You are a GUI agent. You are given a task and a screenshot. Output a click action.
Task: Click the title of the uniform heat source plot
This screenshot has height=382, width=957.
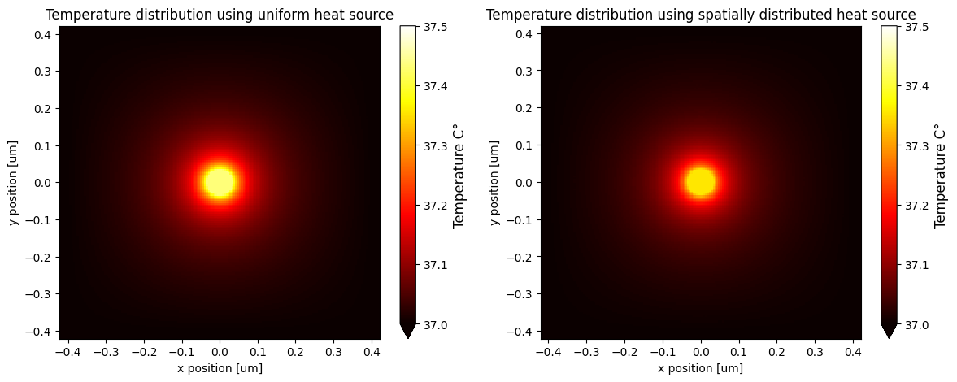220,15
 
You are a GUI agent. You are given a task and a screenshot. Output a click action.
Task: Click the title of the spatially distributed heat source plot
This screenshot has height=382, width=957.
701,15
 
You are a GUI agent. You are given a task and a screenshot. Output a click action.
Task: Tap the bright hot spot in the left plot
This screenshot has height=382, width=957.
220,182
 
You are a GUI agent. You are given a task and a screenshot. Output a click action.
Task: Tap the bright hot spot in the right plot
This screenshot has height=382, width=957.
700,182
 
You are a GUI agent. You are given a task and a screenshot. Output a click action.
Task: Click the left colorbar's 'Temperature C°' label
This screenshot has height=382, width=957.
459,176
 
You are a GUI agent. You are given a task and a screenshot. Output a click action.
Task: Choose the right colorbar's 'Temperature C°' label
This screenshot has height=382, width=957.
941,176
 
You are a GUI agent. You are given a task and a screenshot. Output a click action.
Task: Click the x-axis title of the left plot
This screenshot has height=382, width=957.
220,368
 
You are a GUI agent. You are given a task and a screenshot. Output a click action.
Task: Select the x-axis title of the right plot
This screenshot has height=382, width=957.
700,368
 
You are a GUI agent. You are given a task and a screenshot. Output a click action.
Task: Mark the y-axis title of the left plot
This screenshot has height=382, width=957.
15,182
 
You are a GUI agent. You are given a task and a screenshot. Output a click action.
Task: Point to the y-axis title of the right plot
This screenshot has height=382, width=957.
496,182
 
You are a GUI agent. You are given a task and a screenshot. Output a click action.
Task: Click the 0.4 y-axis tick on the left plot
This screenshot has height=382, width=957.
41,34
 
